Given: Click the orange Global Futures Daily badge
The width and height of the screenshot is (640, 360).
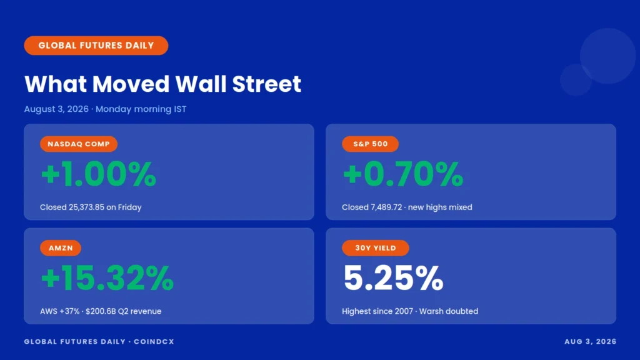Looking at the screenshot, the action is tap(96, 45).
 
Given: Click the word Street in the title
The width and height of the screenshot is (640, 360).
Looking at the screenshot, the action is tap(266, 84).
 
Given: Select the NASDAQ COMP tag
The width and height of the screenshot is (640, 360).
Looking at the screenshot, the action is tap(79, 144).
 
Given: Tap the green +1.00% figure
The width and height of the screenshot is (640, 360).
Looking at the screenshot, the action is tap(98, 174).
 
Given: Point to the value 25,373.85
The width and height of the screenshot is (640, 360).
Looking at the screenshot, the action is tap(86, 207).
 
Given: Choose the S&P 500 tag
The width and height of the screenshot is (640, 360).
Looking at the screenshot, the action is tap(370, 144).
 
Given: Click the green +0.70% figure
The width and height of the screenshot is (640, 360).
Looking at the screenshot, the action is tap(403, 174).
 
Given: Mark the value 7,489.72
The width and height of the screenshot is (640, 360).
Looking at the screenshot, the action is tap(386, 207).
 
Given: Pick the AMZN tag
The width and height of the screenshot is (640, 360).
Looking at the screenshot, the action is tap(61, 247).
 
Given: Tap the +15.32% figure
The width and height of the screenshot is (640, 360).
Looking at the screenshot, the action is tap(107, 278).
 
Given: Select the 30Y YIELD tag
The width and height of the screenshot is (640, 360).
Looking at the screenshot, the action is tap(376, 247).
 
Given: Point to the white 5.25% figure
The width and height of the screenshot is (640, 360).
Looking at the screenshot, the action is tap(393, 278).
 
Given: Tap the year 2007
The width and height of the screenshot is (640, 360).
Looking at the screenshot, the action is tap(404, 311).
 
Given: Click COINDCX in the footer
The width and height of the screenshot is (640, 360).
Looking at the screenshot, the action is tap(154, 342).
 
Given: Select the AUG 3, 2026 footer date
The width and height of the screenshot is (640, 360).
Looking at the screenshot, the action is tap(590, 342).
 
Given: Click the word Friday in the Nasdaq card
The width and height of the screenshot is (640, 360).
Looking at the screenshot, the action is tap(130, 207).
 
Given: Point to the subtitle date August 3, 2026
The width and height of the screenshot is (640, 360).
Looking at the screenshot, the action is tap(56, 109).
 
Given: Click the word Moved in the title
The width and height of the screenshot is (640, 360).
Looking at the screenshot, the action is tap(131, 84).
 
